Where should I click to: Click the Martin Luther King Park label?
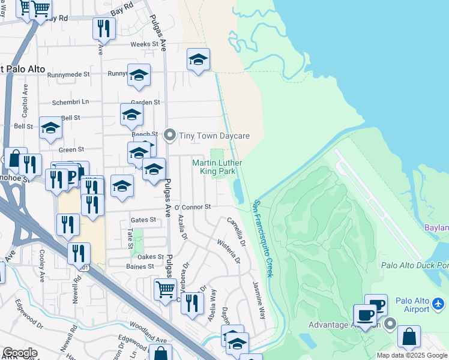(x=217, y=167)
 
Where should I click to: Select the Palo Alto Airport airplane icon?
(x=439, y=304)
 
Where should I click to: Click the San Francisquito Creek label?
(x=263, y=238)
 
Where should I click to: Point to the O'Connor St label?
(x=193, y=207)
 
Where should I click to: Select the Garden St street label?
(x=145, y=103)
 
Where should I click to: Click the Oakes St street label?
(x=152, y=257)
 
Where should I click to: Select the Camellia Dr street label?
(x=237, y=232)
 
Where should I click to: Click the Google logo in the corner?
(x=20, y=353)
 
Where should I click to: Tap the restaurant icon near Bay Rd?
(x=103, y=29)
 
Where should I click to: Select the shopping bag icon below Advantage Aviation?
(x=409, y=337)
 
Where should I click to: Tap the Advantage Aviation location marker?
(x=390, y=325)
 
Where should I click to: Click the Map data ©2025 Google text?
(x=412, y=355)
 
